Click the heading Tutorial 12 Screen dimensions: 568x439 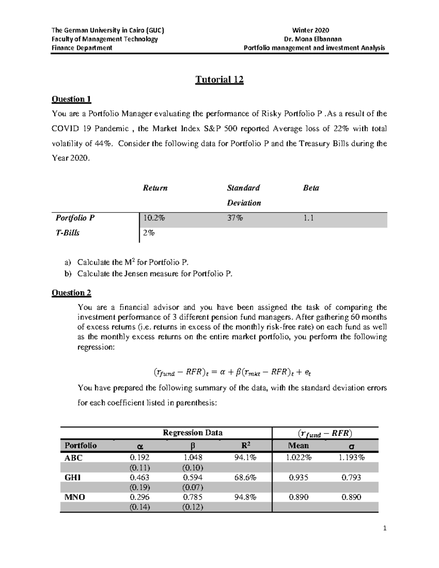click(x=219, y=80)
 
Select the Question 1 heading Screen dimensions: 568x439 click(x=71, y=99)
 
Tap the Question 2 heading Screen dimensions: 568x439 click(x=71, y=293)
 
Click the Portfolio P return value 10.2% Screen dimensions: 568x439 click(x=154, y=218)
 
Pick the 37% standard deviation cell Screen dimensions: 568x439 click(x=235, y=218)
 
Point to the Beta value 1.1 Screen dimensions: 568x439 click(x=308, y=218)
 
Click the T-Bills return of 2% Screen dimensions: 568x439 click(x=149, y=233)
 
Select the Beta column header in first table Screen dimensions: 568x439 click(x=311, y=188)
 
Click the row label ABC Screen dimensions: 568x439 click(x=74, y=458)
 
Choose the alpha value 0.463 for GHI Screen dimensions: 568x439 click(x=139, y=477)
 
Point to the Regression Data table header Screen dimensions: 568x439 click(x=192, y=433)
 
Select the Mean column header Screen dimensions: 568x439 click(x=298, y=445)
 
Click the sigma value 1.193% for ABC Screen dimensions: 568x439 click(x=351, y=458)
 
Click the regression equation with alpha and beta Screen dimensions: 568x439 click(x=232, y=372)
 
